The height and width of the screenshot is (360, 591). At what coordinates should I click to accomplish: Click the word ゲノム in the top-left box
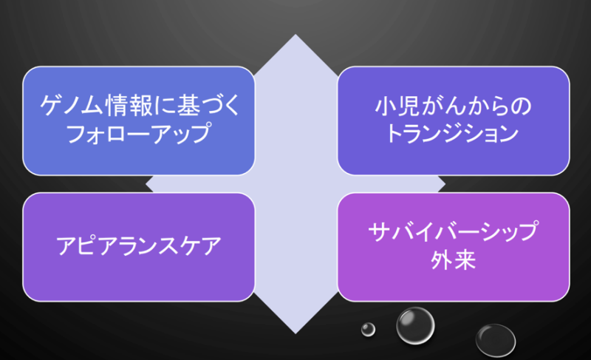click(x=71, y=105)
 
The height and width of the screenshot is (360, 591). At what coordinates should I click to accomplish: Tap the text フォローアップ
click(x=138, y=133)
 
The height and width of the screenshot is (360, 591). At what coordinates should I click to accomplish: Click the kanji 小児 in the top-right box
click(x=397, y=106)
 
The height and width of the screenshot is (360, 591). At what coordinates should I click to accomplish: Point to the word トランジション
click(x=453, y=134)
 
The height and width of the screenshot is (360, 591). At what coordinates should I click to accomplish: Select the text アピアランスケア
click(x=139, y=245)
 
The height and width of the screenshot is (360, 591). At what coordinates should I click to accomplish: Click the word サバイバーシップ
click(x=453, y=231)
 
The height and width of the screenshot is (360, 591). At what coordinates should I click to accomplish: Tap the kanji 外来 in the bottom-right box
click(x=453, y=259)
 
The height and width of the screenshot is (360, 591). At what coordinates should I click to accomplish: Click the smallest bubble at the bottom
click(x=368, y=330)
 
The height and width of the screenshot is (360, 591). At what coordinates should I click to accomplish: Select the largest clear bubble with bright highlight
click(x=415, y=326)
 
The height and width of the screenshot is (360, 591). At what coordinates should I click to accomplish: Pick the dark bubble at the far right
click(x=495, y=340)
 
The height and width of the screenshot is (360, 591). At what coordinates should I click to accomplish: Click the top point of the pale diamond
click(x=295, y=35)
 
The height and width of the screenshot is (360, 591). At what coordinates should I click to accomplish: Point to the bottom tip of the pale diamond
click(x=295, y=333)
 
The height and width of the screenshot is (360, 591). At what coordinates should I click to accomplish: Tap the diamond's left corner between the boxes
click(x=146, y=184)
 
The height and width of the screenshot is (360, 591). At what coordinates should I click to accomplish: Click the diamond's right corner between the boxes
click(x=445, y=184)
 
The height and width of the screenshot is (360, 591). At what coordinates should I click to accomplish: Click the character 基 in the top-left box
click(x=188, y=105)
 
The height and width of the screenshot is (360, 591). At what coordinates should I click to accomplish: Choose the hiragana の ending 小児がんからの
click(x=522, y=106)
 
